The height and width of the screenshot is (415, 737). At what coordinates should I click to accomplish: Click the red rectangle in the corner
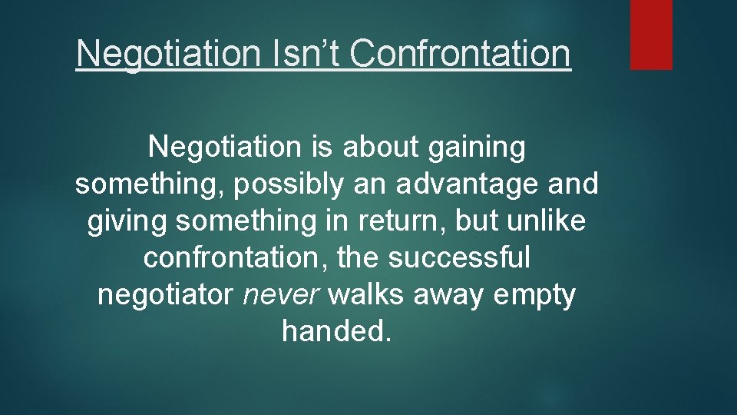tap(651, 35)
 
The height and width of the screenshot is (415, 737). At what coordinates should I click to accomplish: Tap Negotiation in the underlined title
tap(173, 55)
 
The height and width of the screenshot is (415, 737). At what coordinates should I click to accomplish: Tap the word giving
tap(127, 222)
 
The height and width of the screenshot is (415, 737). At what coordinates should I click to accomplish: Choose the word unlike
tap(547, 221)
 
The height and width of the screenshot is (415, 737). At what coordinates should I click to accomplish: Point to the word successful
tap(459, 259)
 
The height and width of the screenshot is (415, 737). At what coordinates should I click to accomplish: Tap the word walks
tap(368, 296)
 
